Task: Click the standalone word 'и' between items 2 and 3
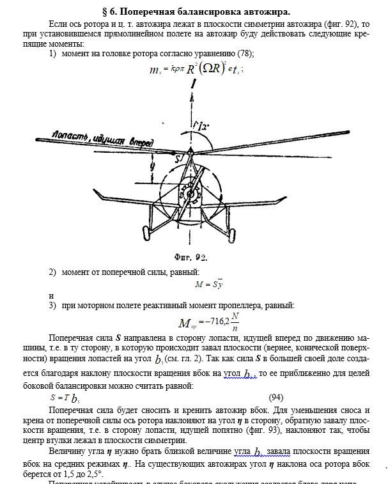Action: pos(51,295)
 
